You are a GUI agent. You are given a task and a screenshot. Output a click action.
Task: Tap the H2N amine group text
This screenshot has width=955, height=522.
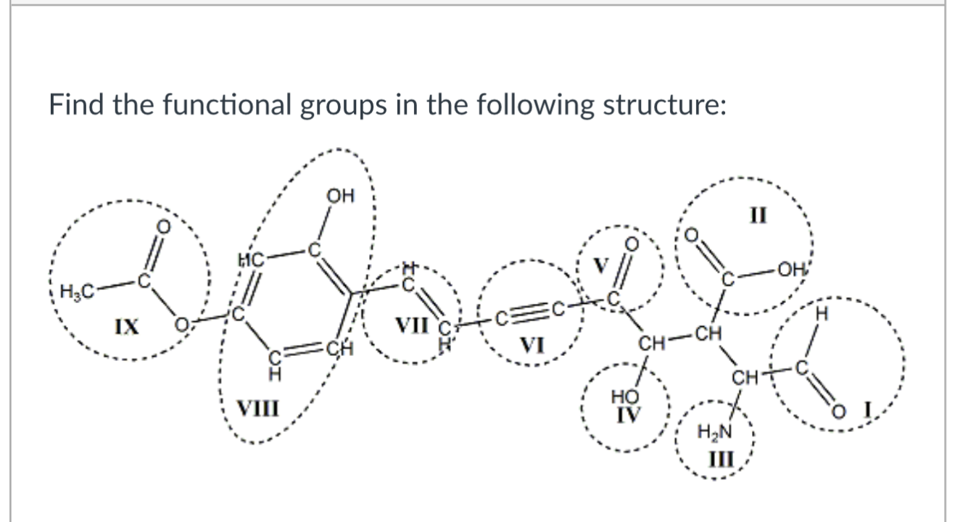(x=711, y=434)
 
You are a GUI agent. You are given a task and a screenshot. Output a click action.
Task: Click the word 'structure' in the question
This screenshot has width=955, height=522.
(x=660, y=105)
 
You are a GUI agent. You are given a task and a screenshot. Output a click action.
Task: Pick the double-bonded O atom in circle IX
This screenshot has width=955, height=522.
(x=165, y=228)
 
